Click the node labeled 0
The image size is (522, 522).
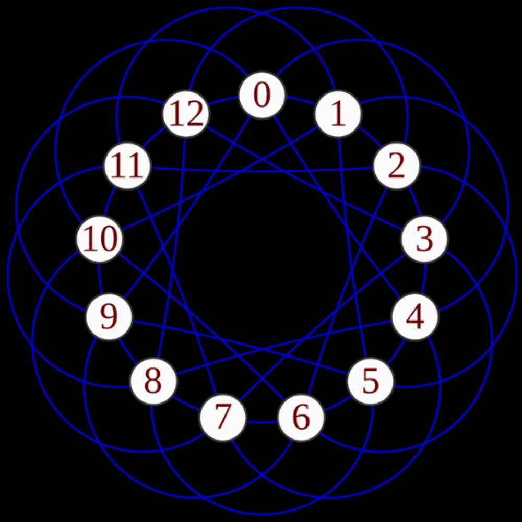coord(262,95)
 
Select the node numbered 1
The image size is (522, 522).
coord(338,114)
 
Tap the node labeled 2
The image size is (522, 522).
coord(397,166)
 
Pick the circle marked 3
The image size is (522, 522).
coord(424,239)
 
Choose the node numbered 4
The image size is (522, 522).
coord(415,317)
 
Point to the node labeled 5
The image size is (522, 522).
coord(371,381)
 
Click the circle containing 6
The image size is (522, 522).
coord(301,418)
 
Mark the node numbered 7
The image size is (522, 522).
coord(223,418)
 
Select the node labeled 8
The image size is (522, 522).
coord(153,381)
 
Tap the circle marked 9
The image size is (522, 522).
coord(109,317)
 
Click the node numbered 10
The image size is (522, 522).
coord(100,239)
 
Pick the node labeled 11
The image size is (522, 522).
coord(127,166)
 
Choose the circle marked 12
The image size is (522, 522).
coord(186,114)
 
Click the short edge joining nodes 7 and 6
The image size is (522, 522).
coord(262,422)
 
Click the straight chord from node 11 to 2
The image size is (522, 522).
coord(262,171)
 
